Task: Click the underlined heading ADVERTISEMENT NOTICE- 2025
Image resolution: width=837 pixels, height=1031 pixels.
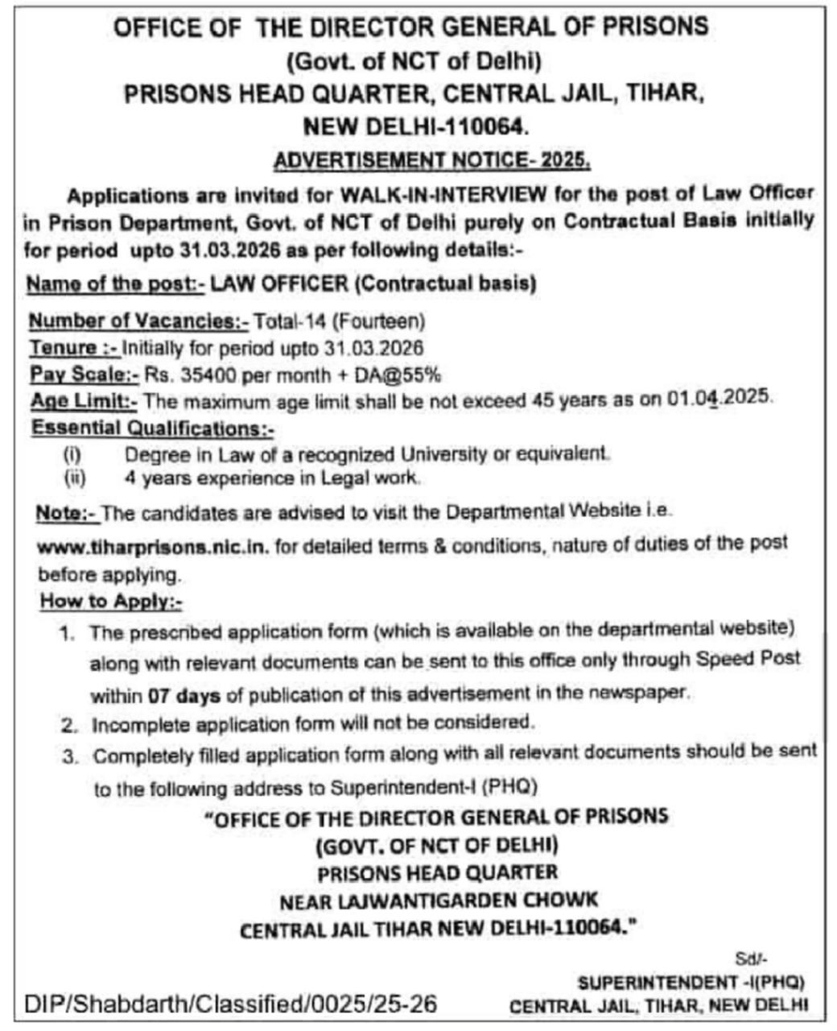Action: [x=432, y=160]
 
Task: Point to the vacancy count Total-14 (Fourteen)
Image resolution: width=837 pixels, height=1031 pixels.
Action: [x=339, y=321]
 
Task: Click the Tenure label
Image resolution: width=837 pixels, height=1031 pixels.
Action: [x=74, y=347]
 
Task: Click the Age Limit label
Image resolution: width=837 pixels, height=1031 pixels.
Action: [x=85, y=400]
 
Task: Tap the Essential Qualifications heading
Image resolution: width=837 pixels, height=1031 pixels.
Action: [x=152, y=427]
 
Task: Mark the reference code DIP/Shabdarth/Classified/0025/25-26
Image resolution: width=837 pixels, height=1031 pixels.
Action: [x=231, y=1004]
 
